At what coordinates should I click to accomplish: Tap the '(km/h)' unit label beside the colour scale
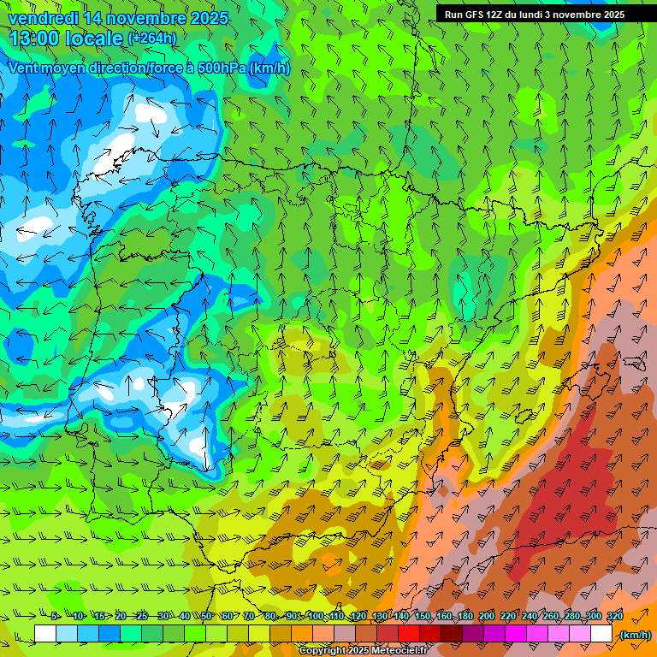(x=635, y=635)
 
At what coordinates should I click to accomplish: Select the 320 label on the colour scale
(x=614, y=616)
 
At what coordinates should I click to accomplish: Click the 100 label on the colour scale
(x=315, y=616)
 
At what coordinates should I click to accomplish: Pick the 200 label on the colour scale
(x=486, y=616)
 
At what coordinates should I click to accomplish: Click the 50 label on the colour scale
(x=206, y=616)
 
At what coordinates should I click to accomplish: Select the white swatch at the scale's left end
(x=45, y=634)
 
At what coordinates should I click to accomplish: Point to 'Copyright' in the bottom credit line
(x=324, y=651)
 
